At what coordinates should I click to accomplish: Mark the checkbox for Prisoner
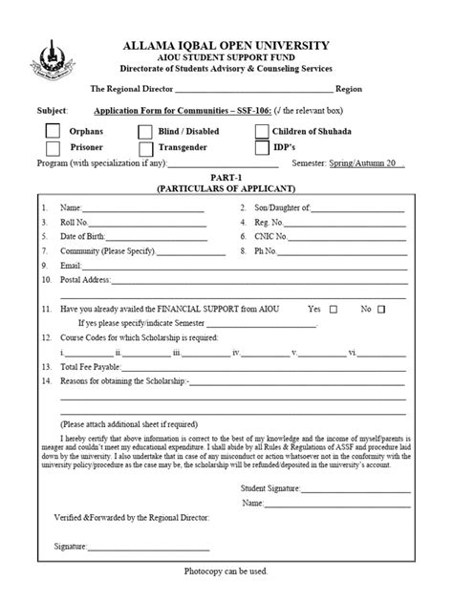(53, 148)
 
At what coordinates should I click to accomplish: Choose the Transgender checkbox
(146, 148)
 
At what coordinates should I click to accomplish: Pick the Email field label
(72, 265)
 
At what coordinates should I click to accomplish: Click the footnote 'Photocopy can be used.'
(226, 571)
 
